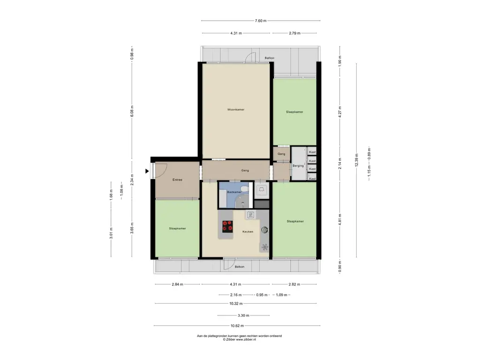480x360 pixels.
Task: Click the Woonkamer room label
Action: (236, 110)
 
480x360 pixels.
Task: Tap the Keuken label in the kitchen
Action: (247, 232)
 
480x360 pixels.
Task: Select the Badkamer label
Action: (234, 192)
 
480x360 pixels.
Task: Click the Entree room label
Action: (177, 180)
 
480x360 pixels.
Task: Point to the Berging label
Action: (298, 166)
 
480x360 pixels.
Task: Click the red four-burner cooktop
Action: (227, 226)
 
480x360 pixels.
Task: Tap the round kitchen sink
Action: (264, 230)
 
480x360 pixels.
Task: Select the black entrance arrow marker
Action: (147, 171)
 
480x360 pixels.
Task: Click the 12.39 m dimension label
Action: (356, 160)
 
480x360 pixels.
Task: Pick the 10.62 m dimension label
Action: (237, 326)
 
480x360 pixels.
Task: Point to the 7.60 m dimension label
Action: (261, 21)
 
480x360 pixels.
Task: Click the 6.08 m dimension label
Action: (132, 111)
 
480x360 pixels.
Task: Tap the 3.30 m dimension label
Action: (243, 315)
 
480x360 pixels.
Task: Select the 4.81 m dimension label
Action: (340, 220)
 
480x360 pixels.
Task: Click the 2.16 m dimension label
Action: (236, 295)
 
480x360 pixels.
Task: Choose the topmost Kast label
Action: (312, 152)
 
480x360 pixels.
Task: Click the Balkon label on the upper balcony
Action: (270, 58)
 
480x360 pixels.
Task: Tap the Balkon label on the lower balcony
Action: (240, 267)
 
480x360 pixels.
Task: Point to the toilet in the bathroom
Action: (245, 189)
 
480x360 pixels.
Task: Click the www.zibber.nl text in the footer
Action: (246, 339)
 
